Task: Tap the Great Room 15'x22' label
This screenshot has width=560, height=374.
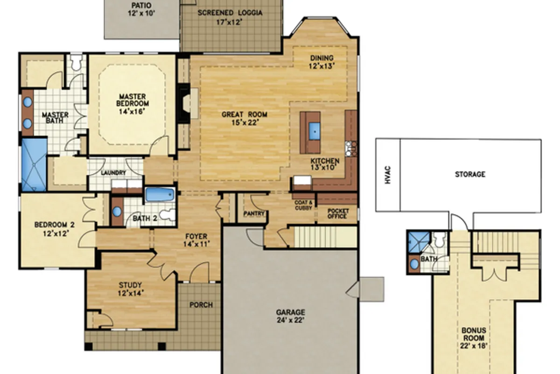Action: [x=245, y=118]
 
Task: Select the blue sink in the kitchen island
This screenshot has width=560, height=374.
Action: [x=314, y=131]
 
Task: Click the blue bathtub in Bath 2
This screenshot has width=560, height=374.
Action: [x=160, y=195]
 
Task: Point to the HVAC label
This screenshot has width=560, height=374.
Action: [x=388, y=175]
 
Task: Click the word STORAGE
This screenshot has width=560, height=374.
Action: [x=470, y=174]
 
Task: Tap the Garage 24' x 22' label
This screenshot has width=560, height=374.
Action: [x=290, y=316]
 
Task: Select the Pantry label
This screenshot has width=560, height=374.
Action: [x=254, y=214]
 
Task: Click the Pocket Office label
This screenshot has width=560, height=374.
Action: [x=338, y=214]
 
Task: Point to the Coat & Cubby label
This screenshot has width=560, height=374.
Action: [x=303, y=205]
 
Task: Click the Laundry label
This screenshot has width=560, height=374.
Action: [x=113, y=173]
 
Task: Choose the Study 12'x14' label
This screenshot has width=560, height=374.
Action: [x=130, y=289]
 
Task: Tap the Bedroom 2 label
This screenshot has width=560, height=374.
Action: [x=55, y=229]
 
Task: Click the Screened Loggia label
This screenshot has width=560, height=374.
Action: [x=230, y=17]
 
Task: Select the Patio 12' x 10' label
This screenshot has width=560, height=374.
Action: [x=141, y=9]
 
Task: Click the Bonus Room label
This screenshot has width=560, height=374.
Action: [x=474, y=338]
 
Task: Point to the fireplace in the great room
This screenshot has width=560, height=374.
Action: [x=184, y=103]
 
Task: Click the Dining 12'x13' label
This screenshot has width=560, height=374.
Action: [x=322, y=62]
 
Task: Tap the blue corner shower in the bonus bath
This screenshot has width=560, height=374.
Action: [x=419, y=242]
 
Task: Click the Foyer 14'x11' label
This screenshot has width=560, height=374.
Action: [x=196, y=240]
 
